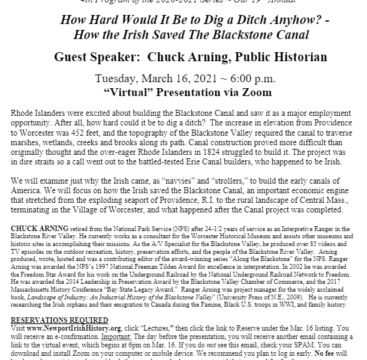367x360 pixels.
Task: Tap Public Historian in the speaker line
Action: point(276,58)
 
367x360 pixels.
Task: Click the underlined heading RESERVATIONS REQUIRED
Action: point(59,320)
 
